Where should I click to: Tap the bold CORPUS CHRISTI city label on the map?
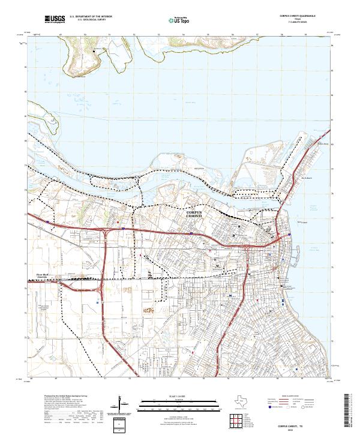pyautogui.click(x=198, y=214)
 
